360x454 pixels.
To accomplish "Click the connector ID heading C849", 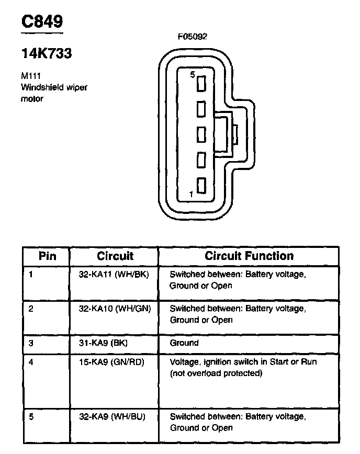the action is tap(42, 21).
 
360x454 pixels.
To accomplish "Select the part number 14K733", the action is tap(46, 54).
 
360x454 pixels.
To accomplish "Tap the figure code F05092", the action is tap(192, 37).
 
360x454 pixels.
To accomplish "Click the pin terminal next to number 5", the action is tap(201, 84).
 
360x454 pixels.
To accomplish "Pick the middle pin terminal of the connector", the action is tap(201, 134).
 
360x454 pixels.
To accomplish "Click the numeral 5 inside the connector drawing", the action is tap(192, 75).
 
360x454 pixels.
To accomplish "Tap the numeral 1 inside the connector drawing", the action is tap(191, 194).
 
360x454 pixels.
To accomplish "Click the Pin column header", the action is tap(47, 256).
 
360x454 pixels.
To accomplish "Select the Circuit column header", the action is tap(115, 256).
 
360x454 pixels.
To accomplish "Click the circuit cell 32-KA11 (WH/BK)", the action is tap(114, 275).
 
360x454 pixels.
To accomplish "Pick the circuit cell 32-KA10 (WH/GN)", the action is tap(115, 309).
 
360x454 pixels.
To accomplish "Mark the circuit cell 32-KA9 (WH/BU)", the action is tap(112, 416).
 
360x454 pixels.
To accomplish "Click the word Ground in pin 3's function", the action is tap(184, 343).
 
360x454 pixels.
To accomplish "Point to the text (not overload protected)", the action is tap(216, 373).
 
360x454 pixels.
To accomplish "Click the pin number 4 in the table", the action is tap(31, 361).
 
